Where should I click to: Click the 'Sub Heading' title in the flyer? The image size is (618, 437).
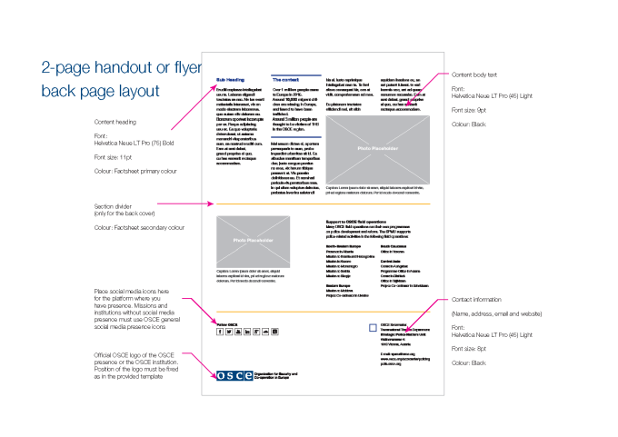tap(228, 79)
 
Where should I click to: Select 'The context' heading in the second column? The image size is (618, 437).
tap(287, 79)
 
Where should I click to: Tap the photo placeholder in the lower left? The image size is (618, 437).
tap(252, 241)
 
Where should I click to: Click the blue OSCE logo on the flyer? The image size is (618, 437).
tap(234, 375)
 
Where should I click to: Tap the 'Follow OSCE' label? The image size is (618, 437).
tap(226, 323)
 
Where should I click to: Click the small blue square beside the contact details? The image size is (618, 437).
tap(373, 327)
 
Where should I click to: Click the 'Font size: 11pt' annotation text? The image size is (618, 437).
tap(113, 157)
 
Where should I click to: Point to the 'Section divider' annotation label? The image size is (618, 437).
tap(115, 206)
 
